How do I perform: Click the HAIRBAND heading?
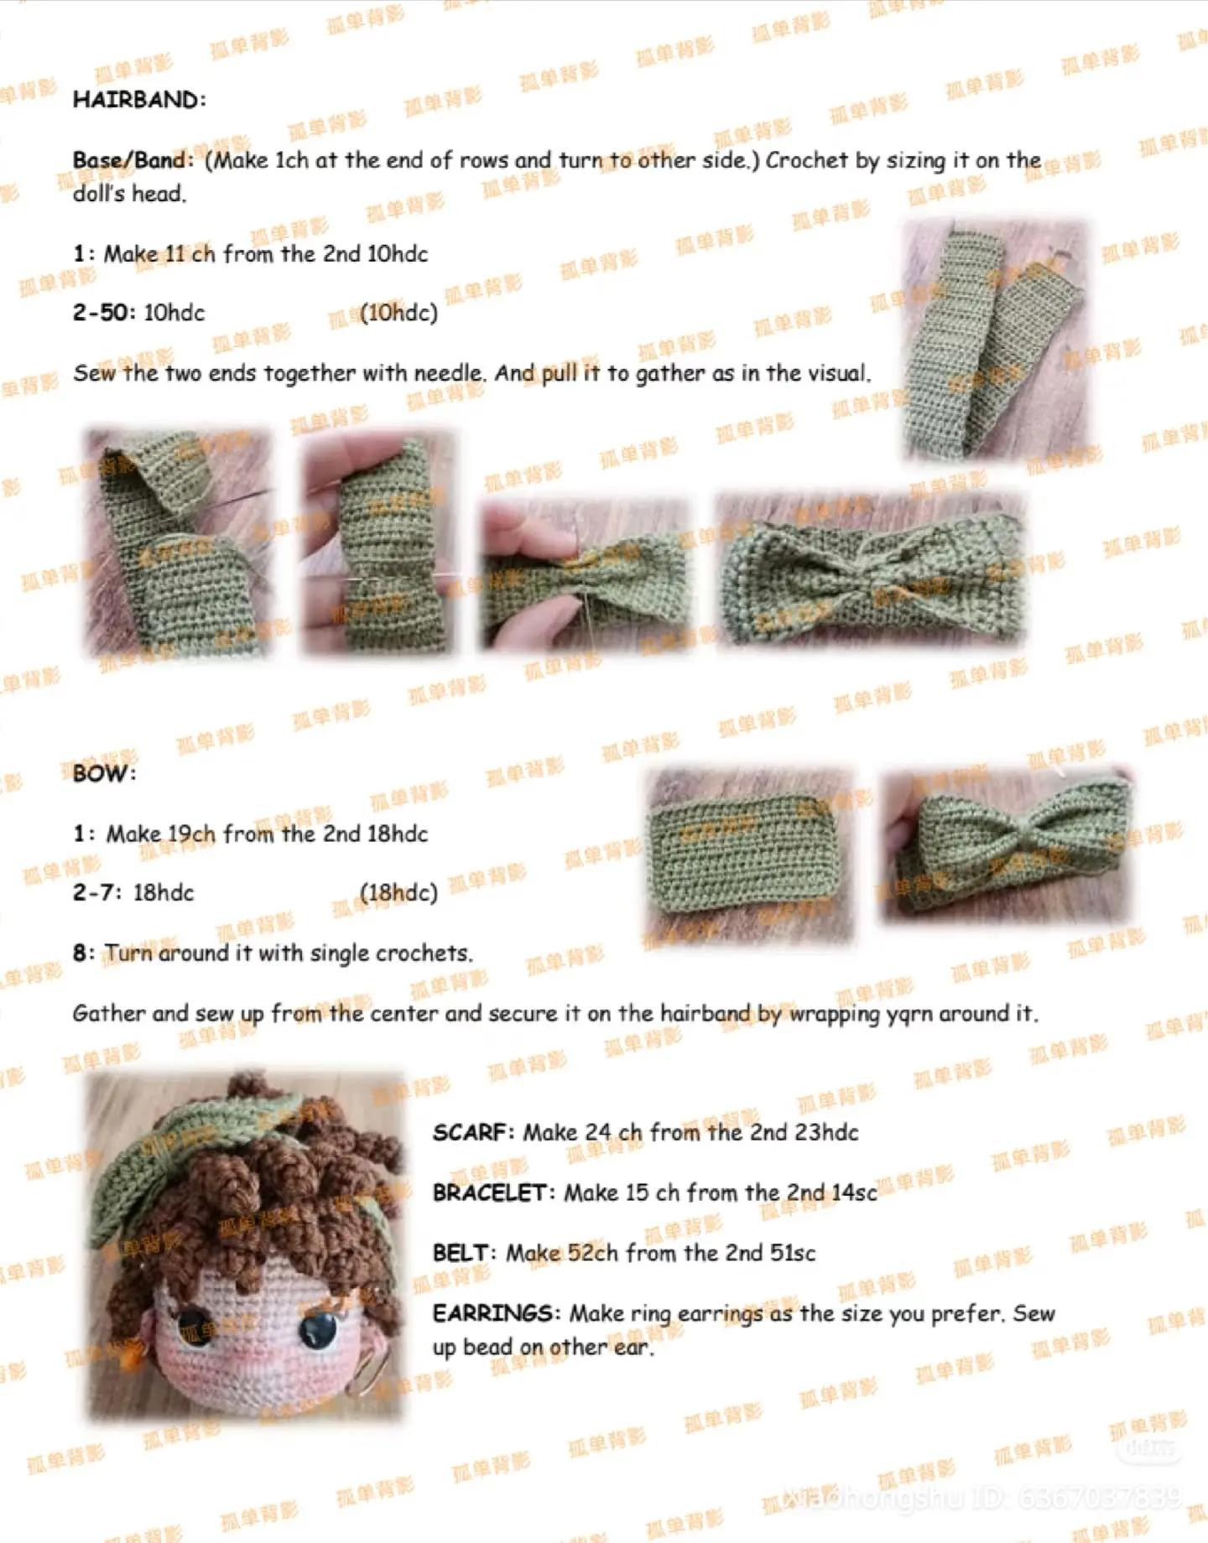coord(138,100)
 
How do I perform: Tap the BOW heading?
coord(103,773)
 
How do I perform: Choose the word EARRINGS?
coord(495,1313)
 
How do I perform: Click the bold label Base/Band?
coord(131,160)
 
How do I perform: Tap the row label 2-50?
coord(102,313)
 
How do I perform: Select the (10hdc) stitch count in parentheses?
coord(398,313)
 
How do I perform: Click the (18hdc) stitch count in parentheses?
coord(398,893)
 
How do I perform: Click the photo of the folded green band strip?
coord(995,340)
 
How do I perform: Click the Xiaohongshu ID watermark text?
coord(981,1497)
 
